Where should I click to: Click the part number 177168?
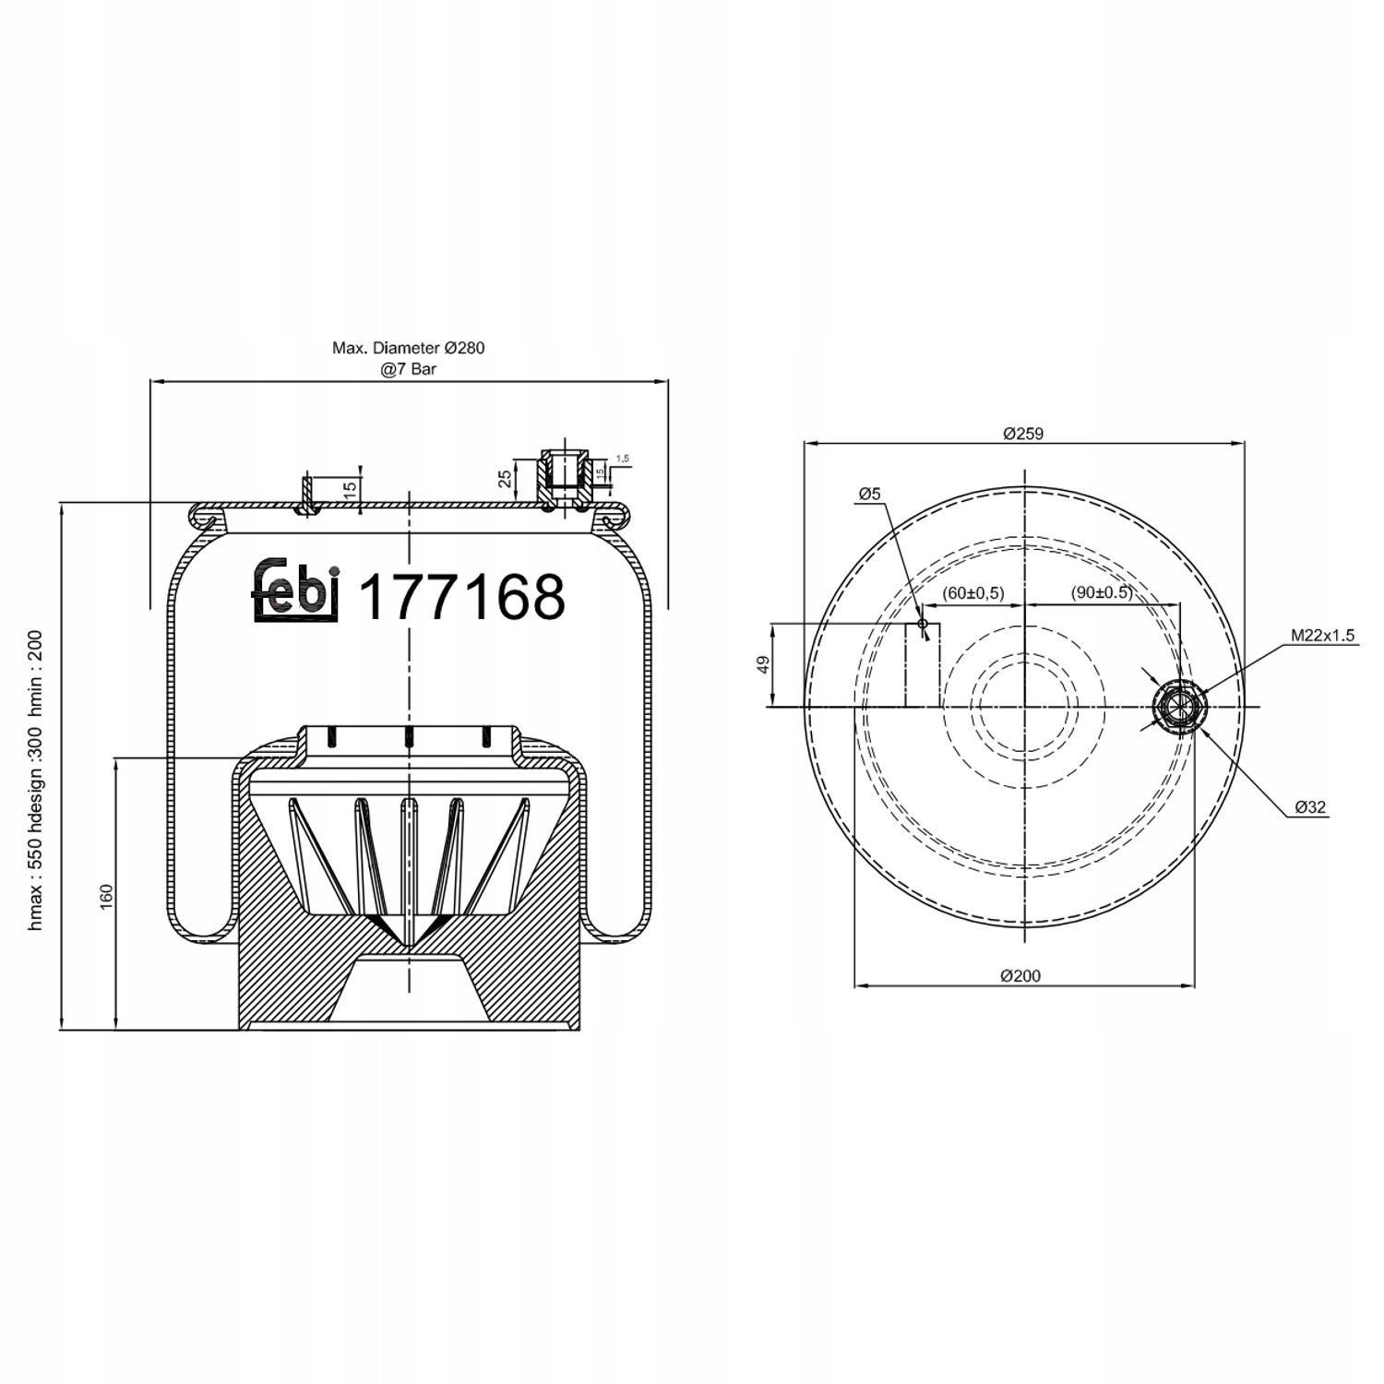tap(460, 597)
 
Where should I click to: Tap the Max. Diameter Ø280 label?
tap(408, 348)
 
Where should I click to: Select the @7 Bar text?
tap(408, 369)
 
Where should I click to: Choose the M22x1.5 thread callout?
tap(1322, 636)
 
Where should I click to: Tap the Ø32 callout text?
tap(1310, 806)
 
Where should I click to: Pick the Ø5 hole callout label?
tap(869, 495)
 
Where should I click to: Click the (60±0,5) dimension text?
tap(973, 592)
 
